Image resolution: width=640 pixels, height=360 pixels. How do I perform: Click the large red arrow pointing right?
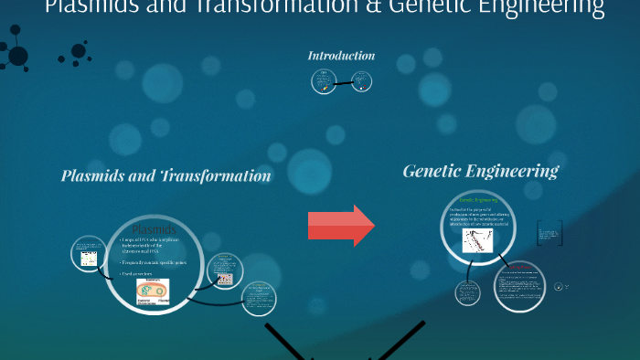(x=340, y=224)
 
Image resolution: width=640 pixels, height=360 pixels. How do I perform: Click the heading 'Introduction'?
(x=341, y=56)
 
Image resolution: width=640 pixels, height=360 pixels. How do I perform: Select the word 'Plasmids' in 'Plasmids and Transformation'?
(x=95, y=175)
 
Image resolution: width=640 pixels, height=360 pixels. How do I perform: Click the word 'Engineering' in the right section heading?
(x=516, y=171)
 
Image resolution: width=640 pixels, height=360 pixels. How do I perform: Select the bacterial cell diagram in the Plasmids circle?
(x=154, y=290)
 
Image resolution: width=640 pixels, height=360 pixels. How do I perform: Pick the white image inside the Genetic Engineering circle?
(x=478, y=241)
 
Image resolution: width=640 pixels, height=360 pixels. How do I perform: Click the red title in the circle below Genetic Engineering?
(x=522, y=270)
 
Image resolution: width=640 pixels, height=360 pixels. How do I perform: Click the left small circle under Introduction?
(x=323, y=82)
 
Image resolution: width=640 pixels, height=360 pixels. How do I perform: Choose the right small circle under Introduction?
(x=363, y=82)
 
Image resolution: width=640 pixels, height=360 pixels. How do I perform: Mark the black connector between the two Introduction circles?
(x=343, y=83)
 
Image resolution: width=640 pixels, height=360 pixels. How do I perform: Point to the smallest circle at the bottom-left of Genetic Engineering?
(x=468, y=292)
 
